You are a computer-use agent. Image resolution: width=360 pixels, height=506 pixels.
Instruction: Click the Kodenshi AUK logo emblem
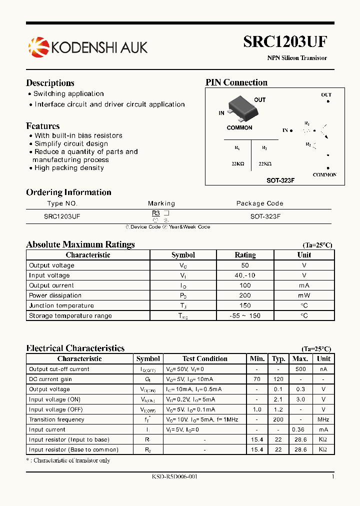click(38, 47)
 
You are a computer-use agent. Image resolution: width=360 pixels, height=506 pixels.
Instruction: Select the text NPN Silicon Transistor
click(297, 58)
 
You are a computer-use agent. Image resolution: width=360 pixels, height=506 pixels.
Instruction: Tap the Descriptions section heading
click(50, 83)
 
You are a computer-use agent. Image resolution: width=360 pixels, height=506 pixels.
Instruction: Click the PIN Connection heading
click(236, 82)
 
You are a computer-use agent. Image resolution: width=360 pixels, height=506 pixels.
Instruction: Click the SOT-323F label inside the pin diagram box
click(280, 180)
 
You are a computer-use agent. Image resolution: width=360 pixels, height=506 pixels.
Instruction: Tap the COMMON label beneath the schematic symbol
click(324, 175)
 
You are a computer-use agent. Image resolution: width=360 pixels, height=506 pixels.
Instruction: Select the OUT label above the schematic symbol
click(326, 94)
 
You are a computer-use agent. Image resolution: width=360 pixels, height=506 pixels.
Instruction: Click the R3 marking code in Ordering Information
click(156, 213)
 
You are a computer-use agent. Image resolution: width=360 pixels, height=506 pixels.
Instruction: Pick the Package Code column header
click(259, 203)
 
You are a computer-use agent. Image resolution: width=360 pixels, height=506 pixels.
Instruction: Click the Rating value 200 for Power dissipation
click(245, 295)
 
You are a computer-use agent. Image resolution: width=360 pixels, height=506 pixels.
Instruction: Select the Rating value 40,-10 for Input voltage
click(245, 275)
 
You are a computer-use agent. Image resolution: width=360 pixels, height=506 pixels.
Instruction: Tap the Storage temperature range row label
click(70, 315)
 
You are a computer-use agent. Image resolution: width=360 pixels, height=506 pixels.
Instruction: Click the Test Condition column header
click(205, 358)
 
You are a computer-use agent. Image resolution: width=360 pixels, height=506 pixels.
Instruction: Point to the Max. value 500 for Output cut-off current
click(300, 369)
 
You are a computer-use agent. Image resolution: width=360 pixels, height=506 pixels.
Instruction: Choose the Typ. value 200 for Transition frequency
click(278, 419)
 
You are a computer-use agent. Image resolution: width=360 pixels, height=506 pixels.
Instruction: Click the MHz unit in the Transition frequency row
click(323, 419)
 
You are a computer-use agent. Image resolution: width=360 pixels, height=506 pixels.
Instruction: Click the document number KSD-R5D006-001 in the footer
click(175, 477)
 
